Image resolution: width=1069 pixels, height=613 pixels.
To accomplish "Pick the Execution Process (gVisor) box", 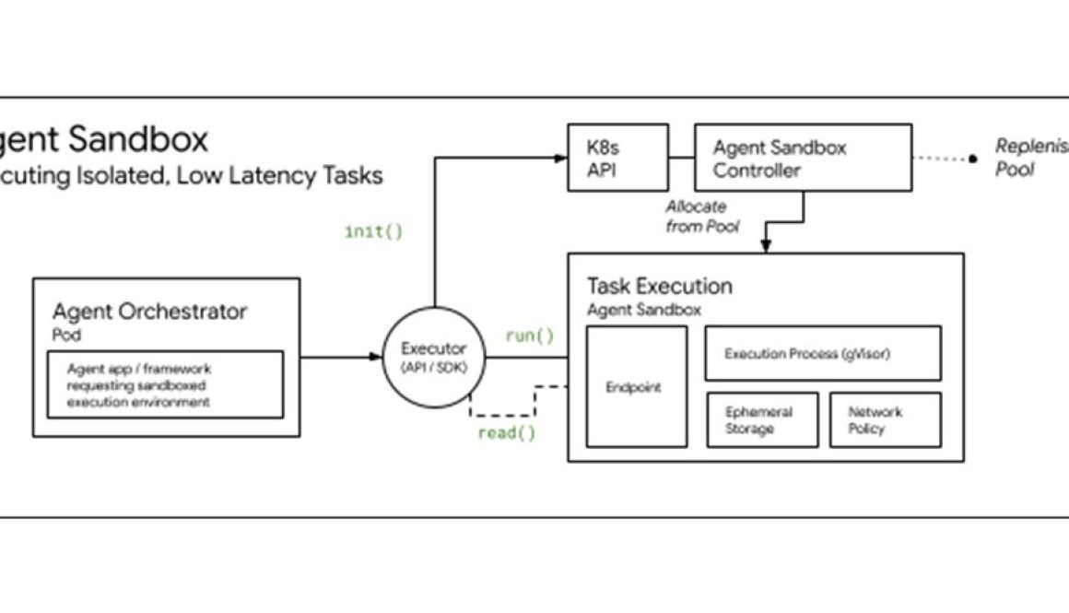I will point(822,353).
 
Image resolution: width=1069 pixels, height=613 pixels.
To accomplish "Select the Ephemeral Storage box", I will point(761,420).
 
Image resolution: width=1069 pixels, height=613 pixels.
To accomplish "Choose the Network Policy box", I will point(885,420).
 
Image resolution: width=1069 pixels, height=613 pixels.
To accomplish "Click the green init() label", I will point(373,231).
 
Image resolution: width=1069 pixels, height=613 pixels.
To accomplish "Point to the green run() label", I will point(529,336).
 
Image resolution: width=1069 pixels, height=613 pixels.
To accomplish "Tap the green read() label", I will point(506,432).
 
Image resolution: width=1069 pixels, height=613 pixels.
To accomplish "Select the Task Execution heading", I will point(659,286).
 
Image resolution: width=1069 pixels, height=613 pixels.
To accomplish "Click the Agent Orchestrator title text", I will point(149,311).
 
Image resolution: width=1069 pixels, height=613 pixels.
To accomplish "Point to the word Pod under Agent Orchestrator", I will point(65,335).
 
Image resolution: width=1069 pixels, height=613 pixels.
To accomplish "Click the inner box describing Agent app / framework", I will point(165,384).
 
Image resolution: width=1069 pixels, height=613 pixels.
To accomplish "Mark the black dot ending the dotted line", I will point(971,159).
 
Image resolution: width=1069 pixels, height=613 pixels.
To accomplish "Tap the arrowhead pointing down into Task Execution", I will point(765,246).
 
